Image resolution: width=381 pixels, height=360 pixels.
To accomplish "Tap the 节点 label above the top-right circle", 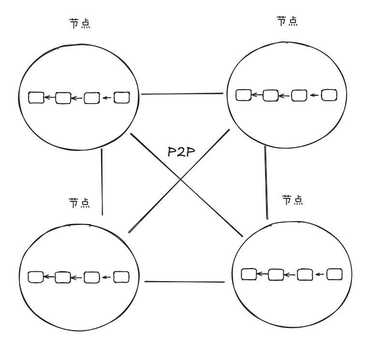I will point(287,22).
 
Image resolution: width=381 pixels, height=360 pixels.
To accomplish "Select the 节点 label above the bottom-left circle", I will point(79,202).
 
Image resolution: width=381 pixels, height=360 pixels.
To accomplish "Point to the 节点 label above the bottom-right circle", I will point(293,200).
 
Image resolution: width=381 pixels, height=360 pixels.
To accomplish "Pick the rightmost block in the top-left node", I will point(121,98).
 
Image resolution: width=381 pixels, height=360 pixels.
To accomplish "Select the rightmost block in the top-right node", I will point(329,94).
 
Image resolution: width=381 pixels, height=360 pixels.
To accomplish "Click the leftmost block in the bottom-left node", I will point(36,277).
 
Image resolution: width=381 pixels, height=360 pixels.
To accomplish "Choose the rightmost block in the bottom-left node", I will point(121,277).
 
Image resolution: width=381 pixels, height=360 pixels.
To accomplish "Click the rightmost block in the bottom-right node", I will point(335,274).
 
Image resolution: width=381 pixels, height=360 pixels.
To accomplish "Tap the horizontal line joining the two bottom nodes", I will point(185,282).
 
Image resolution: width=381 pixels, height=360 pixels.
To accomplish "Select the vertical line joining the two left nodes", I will point(103,181).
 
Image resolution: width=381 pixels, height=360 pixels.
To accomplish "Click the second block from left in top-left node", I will point(63,98).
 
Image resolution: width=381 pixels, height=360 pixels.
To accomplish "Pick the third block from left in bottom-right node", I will point(305,275).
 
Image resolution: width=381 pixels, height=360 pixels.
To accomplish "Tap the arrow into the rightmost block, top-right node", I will point(315,95).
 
